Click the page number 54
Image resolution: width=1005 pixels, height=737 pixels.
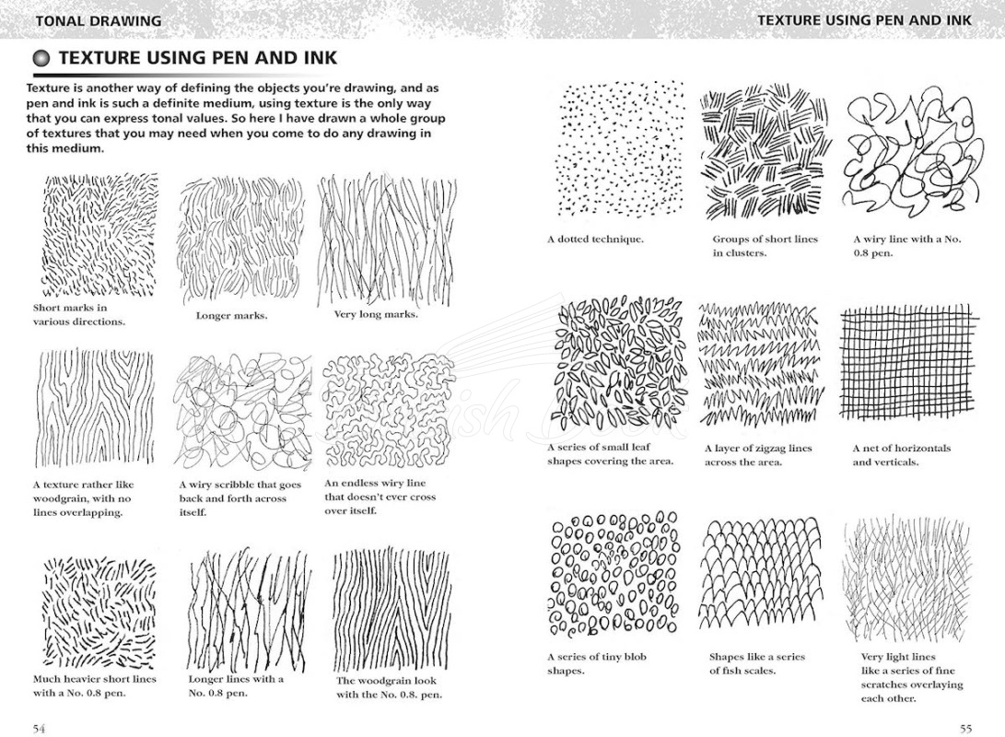click(x=40, y=729)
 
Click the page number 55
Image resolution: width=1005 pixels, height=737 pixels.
click(x=965, y=729)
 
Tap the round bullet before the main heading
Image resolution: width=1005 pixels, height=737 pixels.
click(x=42, y=58)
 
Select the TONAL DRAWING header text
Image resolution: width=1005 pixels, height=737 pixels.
click(x=98, y=20)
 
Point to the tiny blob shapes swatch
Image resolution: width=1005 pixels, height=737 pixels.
click(x=613, y=576)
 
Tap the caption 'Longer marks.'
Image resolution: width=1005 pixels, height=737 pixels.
click(x=231, y=316)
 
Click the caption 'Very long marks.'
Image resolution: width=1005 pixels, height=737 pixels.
click(x=375, y=314)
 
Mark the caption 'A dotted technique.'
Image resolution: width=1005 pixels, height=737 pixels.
click(x=595, y=240)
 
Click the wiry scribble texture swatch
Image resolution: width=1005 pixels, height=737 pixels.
click(x=243, y=413)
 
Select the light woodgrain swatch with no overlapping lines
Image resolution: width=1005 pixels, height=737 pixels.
click(x=96, y=410)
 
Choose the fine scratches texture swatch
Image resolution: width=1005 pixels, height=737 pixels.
click(x=900, y=579)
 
